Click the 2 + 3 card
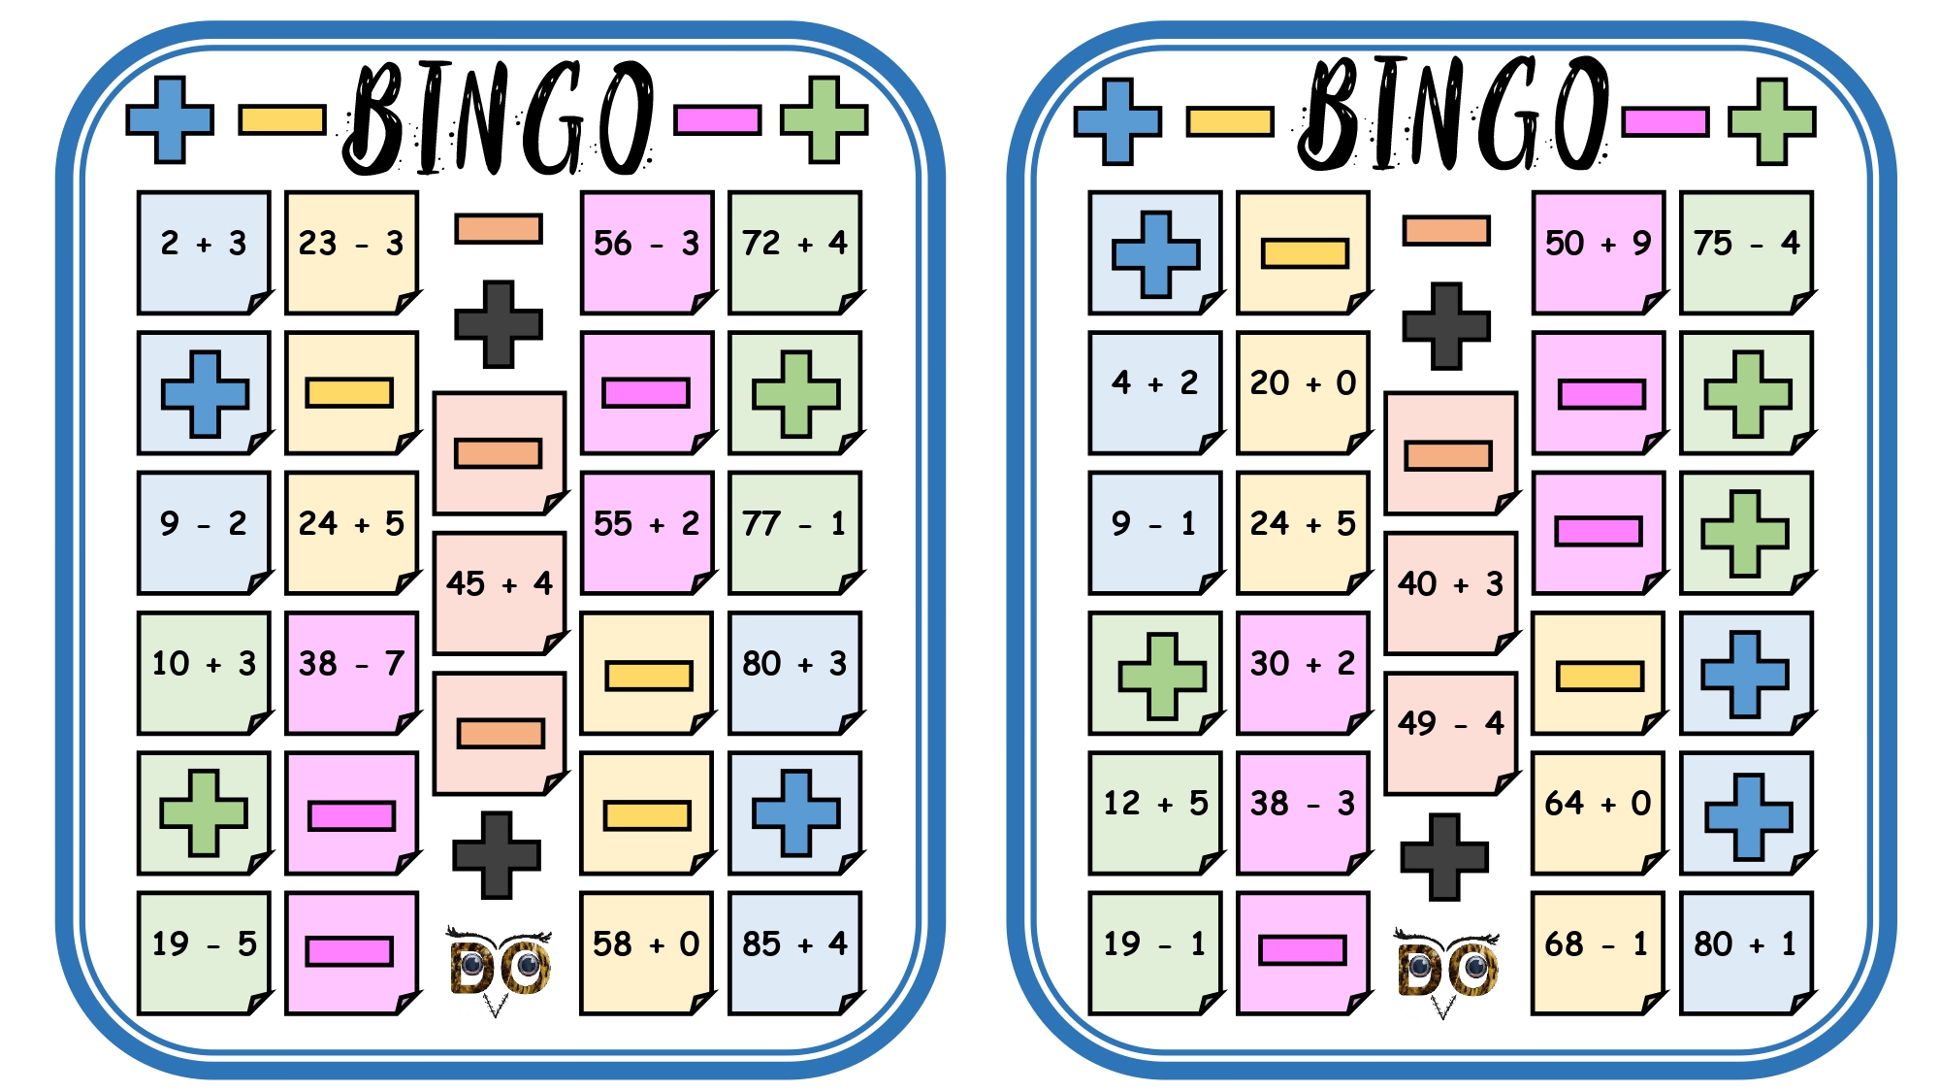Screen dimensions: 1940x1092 tap(204, 252)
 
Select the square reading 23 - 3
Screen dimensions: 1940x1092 tap(352, 252)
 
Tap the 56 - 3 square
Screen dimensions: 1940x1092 tap(647, 252)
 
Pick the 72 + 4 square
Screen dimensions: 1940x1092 tap(795, 252)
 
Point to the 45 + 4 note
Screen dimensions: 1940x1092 tap(500, 593)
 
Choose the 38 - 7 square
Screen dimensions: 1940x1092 tap(352, 673)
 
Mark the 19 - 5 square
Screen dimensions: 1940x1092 tap(204, 953)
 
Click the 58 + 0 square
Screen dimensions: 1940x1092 tap(647, 953)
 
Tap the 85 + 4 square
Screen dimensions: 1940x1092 tap(795, 953)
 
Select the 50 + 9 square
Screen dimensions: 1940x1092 tap(1599, 252)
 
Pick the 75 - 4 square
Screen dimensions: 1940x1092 tap(1747, 252)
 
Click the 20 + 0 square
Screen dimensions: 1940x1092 tap(1304, 392)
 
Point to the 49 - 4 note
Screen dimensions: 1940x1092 tap(1451, 733)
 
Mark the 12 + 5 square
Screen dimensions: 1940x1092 tap(1155, 812)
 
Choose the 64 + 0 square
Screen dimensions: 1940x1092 tap(1599, 812)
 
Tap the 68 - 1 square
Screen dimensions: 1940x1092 tap(1599, 953)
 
